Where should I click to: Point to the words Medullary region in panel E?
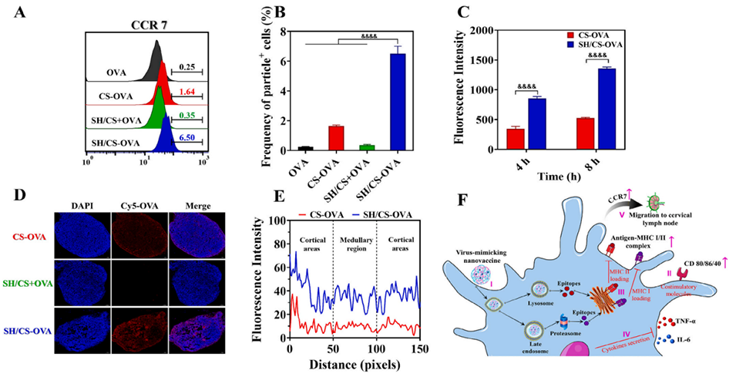click(354, 238)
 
